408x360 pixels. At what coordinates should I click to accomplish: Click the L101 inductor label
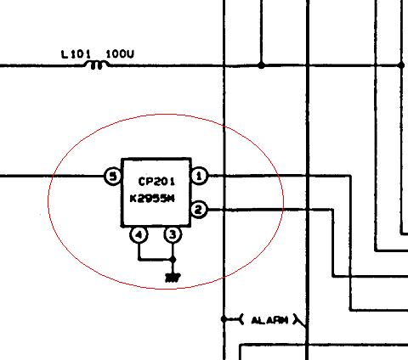click(x=76, y=54)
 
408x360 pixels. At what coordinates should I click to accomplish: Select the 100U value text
click(x=120, y=53)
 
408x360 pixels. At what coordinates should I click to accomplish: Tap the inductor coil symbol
click(x=96, y=65)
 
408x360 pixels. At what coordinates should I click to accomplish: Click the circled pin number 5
click(x=113, y=177)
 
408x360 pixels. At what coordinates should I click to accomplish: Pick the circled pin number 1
click(x=199, y=176)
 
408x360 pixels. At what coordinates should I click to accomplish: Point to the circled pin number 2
click(x=199, y=210)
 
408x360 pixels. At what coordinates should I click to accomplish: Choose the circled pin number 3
click(x=173, y=234)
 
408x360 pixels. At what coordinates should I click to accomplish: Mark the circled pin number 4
click(x=139, y=234)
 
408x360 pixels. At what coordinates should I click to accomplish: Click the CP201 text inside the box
click(x=156, y=182)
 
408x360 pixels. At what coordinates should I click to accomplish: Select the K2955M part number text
click(x=152, y=199)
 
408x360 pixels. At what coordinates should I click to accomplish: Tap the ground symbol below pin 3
click(x=173, y=278)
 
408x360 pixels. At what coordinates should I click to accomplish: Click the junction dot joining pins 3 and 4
click(x=173, y=259)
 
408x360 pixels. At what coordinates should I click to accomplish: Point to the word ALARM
click(x=269, y=320)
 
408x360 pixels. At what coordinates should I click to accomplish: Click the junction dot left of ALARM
click(x=224, y=319)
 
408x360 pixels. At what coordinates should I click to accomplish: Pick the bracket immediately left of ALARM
click(x=241, y=319)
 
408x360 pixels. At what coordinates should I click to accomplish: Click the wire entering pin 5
click(x=52, y=176)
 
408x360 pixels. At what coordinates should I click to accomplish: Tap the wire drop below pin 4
click(x=139, y=251)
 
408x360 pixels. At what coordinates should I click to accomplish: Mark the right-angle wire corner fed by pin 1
click(x=351, y=176)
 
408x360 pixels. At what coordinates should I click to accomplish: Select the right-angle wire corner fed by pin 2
click(x=333, y=210)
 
